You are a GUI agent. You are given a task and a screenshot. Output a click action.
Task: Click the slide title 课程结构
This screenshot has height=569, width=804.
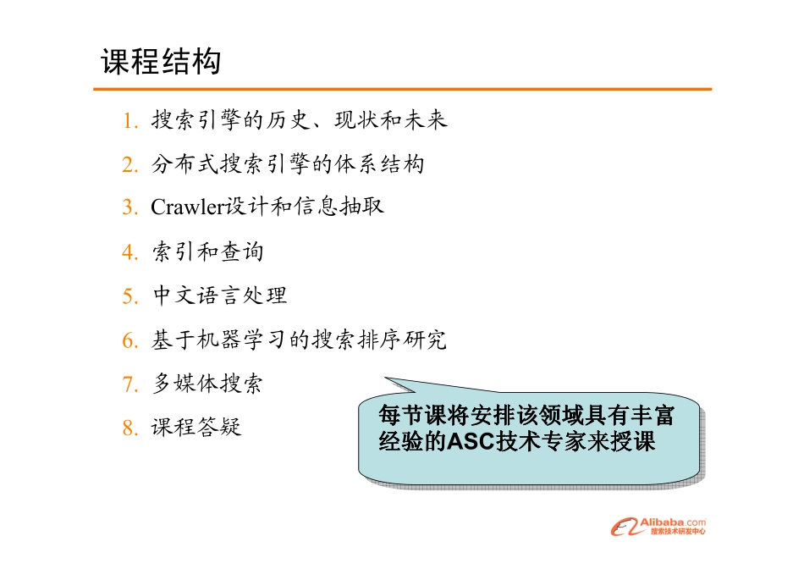[x=161, y=62]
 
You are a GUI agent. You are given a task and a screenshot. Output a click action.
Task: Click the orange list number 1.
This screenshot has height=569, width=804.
[x=129, y=121]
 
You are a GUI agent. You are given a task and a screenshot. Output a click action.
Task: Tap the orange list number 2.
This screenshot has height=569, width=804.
[x=129, y=165]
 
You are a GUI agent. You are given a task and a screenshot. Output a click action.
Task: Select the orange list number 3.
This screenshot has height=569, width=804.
[x=129, y=208]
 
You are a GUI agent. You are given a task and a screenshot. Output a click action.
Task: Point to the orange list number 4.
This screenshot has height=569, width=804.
[x=129, y=253]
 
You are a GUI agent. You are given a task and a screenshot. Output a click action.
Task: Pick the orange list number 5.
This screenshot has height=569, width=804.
[x=129, y=297]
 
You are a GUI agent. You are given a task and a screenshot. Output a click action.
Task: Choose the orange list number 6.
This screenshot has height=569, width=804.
[x=129, y=341]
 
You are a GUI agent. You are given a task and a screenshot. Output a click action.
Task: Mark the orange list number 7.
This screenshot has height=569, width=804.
[x=129, y=385]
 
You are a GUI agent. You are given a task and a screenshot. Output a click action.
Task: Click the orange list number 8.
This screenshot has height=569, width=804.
[x=129, y=429]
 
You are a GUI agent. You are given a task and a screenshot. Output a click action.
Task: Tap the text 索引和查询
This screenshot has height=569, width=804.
[x=207, y=252]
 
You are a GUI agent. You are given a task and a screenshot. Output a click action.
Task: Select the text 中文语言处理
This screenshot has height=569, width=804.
[x=219, y=296]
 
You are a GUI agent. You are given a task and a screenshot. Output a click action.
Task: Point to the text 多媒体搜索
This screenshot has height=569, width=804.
[x=207, y=384]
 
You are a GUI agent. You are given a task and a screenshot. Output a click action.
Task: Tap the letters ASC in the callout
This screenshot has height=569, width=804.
[x=475, y=442]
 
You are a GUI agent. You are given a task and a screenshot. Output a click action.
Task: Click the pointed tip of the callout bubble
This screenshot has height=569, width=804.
[x=386, y=378]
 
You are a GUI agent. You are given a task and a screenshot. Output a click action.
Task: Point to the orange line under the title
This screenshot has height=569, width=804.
[x=402, y=88]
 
